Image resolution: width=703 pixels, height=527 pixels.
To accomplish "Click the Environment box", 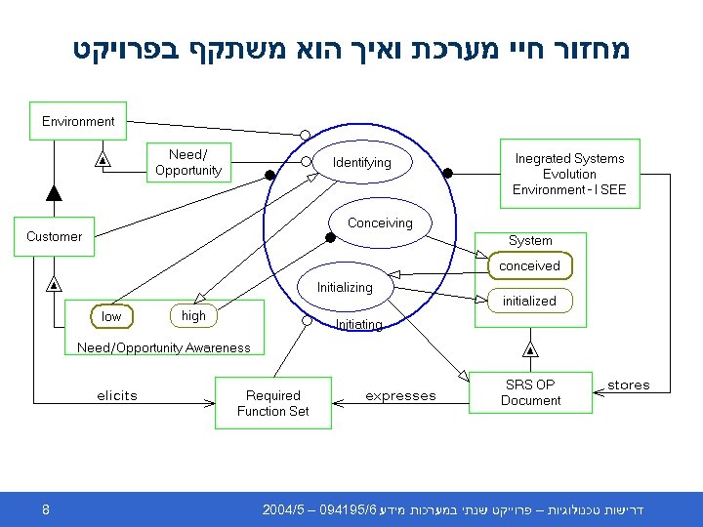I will (78, 122).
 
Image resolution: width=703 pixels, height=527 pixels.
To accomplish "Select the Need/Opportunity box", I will (188, 162).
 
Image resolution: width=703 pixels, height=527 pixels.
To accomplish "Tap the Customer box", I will (55, 236).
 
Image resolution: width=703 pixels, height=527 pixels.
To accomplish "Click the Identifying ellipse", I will (361, 162).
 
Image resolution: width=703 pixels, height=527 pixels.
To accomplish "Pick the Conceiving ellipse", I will (380, 223).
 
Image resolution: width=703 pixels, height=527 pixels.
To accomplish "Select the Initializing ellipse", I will (344, 288).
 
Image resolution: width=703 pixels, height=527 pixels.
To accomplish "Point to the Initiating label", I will (358, 324).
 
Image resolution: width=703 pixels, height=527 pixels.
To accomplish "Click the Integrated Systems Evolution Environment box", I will (569, 173).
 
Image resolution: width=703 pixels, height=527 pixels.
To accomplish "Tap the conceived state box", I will (529, 265).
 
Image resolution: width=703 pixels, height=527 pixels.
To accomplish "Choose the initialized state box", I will (529, 301).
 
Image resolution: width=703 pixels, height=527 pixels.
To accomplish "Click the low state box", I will (112, 316).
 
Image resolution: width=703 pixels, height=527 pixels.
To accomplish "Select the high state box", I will (193, 315).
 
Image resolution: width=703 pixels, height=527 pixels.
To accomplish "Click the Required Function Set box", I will (272, 403).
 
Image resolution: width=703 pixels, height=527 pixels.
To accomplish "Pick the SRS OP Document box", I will (531, 392).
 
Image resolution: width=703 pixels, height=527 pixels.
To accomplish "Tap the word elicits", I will (117, 395).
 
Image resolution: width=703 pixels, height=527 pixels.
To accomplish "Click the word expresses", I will (400, 395).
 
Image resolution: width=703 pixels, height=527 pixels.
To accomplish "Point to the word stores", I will (628, 385).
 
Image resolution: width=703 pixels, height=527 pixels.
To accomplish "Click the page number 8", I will (46, 509).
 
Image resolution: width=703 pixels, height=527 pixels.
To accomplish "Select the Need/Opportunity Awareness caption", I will (163, 347).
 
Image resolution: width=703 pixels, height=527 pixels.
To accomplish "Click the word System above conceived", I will (530, 240).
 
